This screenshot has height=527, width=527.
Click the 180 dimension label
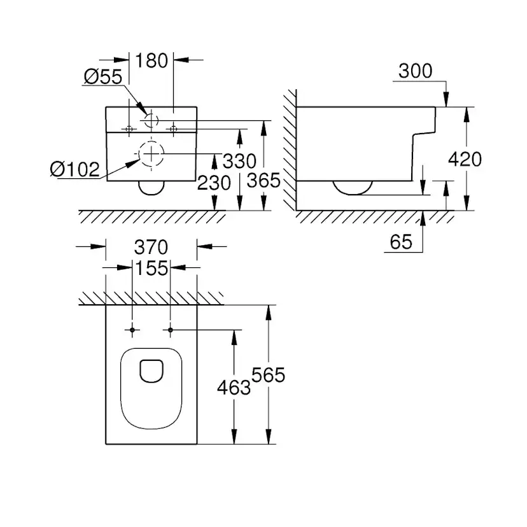[x=151, y=61]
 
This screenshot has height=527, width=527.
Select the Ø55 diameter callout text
[x=102, y=77]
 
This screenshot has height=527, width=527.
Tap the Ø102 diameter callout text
[x=75, y=169]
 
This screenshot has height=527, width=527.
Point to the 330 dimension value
[x=239, y=160]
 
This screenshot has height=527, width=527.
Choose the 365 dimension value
[x=263, y=181]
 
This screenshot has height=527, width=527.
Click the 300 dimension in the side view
[x=414, y=71]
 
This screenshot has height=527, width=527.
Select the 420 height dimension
[x=465, y=159]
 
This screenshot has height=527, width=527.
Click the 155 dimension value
[x=151, y=269]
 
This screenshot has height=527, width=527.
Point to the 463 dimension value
[x=234, y=386]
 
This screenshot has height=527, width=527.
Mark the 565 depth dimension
[x=268, y=376]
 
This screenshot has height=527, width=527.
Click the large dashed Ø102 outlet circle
[x=150, y=154]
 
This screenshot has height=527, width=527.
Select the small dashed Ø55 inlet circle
[x=151, y=121]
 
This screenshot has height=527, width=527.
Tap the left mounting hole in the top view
[x=132, y=330]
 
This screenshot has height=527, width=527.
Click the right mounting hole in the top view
[x=170, y=330]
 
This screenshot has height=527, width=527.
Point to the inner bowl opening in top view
[x=151, y=371]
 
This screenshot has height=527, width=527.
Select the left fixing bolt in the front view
[x=129, y=129]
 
